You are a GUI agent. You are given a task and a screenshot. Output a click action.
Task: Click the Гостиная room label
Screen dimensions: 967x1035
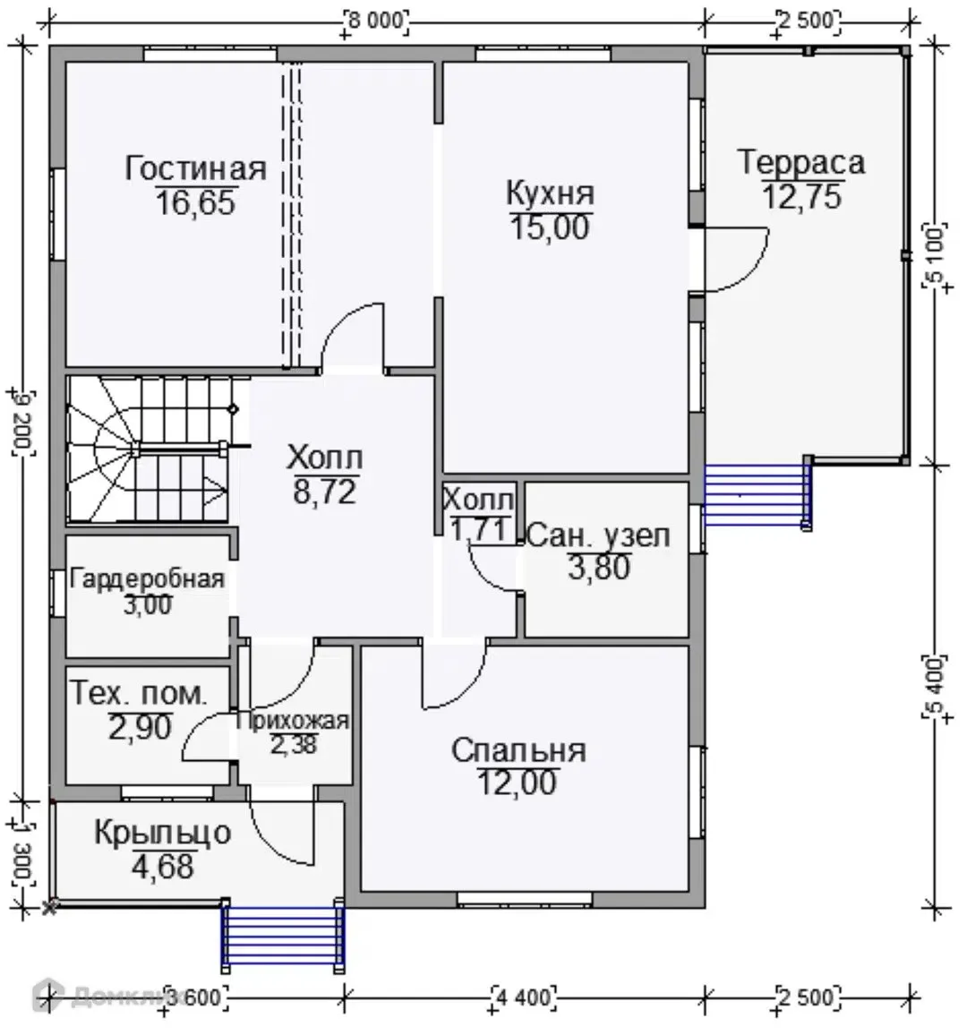[x=195, y=169]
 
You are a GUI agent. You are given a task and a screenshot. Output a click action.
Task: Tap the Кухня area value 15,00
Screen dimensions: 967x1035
[x=550, y=227]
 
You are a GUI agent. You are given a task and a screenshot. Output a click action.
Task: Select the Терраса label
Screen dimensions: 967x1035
[x=800, y=162]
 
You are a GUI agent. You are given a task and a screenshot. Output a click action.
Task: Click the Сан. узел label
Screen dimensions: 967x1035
[x=598, y=536]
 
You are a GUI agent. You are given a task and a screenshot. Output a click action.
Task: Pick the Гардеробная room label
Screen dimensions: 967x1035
[x=147, y=579]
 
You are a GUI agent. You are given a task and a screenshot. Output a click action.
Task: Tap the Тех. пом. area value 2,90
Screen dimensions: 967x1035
[x=140, y=727]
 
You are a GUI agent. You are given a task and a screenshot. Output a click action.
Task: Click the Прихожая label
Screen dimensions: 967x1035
[x=293, y=721]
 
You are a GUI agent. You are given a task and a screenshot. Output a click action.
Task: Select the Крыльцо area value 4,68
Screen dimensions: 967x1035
[x=162, y=867]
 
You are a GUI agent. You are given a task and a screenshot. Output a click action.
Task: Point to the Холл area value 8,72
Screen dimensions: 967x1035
[x=325, y=492]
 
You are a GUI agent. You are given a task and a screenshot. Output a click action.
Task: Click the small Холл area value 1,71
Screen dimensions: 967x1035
[x=478, y=529]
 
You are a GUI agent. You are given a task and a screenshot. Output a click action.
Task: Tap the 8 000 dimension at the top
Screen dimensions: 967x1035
[x=375, y=21]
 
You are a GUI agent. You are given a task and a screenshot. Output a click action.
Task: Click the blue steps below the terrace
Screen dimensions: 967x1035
[x=757, y=495]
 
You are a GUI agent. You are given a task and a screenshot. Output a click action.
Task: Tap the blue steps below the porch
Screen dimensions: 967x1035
[x=283, y=936]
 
